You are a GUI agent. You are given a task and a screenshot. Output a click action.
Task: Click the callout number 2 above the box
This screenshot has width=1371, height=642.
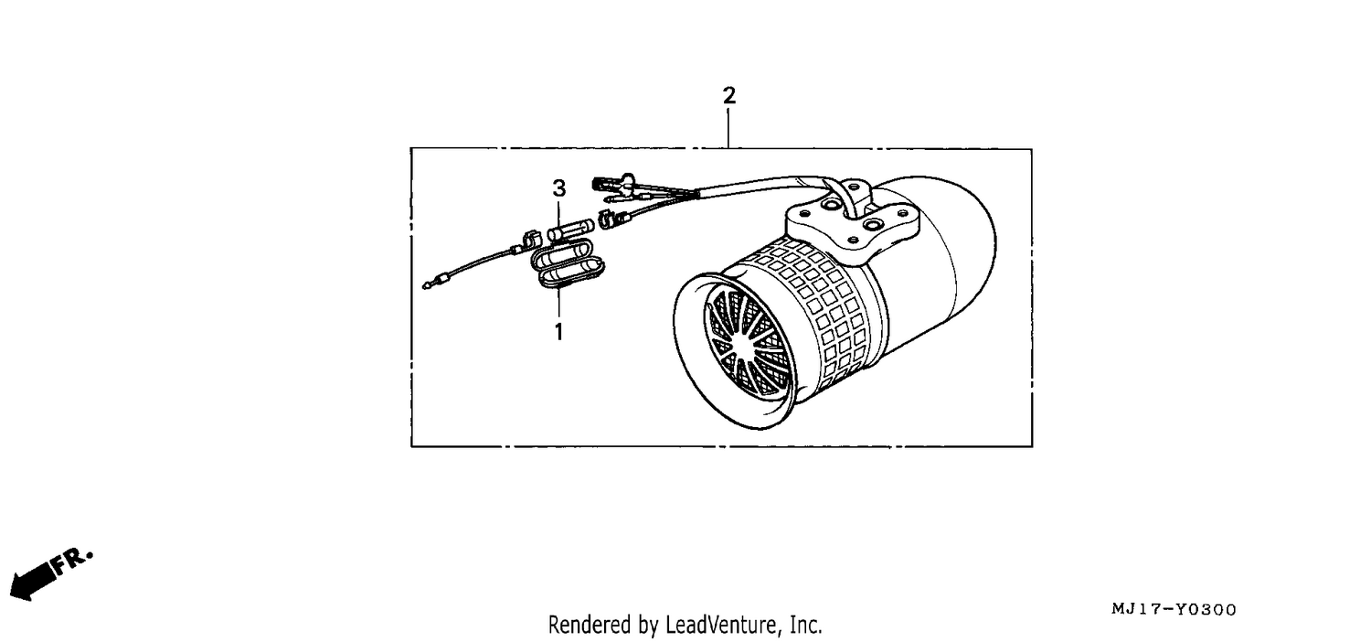point(728,95)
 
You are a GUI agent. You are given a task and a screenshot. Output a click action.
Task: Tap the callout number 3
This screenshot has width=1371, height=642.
point(558,188)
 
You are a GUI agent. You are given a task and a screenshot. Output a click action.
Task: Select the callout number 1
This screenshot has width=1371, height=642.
point(558,331)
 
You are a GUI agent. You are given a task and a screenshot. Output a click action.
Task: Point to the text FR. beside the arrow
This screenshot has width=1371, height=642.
point(71,561)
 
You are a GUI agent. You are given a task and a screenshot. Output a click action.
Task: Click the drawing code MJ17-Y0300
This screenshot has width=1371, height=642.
point(1174,609)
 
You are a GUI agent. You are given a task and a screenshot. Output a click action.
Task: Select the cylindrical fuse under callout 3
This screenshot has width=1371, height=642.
point(570,230)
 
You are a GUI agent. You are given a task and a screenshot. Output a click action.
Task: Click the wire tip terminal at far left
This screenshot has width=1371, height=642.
point(428,284)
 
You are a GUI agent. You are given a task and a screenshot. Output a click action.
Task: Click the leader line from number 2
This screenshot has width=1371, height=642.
point(728,128)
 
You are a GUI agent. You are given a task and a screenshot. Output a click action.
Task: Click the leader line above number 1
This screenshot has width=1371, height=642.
point(558,305)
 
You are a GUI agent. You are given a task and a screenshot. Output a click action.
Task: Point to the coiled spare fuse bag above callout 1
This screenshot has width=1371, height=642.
point(567,264)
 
